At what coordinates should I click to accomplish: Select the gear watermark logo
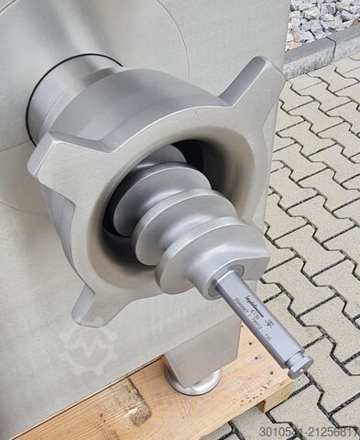87,347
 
